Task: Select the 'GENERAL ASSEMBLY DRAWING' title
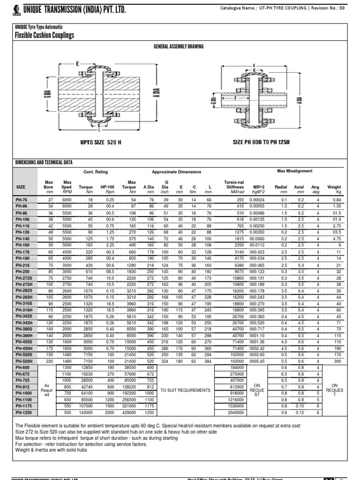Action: tap(180, 48)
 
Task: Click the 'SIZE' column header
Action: tap(21, 187)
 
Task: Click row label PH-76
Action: tap(22, 199)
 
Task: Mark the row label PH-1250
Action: tap(23, 412)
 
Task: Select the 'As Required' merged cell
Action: tap(46, 390)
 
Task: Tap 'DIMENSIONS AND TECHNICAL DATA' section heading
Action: tap(44, 162)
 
